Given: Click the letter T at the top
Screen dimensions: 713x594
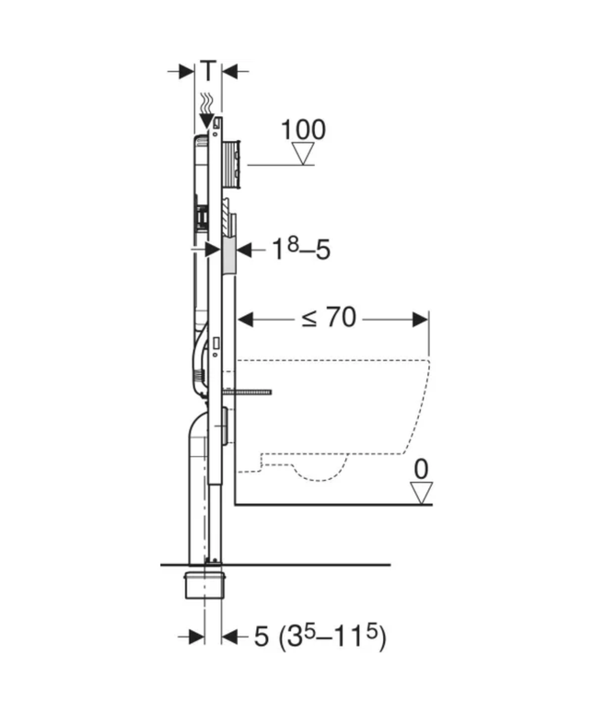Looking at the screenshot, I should coord(210,69).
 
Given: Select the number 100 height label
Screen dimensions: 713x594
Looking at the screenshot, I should coord(303,130).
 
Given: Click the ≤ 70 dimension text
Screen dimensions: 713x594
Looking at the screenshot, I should coord(330,319).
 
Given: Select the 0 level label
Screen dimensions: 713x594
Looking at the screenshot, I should coord(421,469).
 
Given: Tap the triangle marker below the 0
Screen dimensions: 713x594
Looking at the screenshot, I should coord(421,493).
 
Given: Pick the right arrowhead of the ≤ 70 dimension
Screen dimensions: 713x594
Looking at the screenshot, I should coord(421,320).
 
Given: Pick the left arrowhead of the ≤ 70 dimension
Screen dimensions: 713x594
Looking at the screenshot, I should coord(246,320).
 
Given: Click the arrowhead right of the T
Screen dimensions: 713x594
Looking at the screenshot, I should coord(230,70).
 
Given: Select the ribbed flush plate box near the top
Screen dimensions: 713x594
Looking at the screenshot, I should coord(231,164).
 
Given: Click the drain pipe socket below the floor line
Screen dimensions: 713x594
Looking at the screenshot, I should coord(204,582).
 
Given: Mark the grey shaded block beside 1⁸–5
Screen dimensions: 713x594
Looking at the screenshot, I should coord(228,250).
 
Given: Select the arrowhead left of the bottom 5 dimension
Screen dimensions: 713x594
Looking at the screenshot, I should coord(196,637).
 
